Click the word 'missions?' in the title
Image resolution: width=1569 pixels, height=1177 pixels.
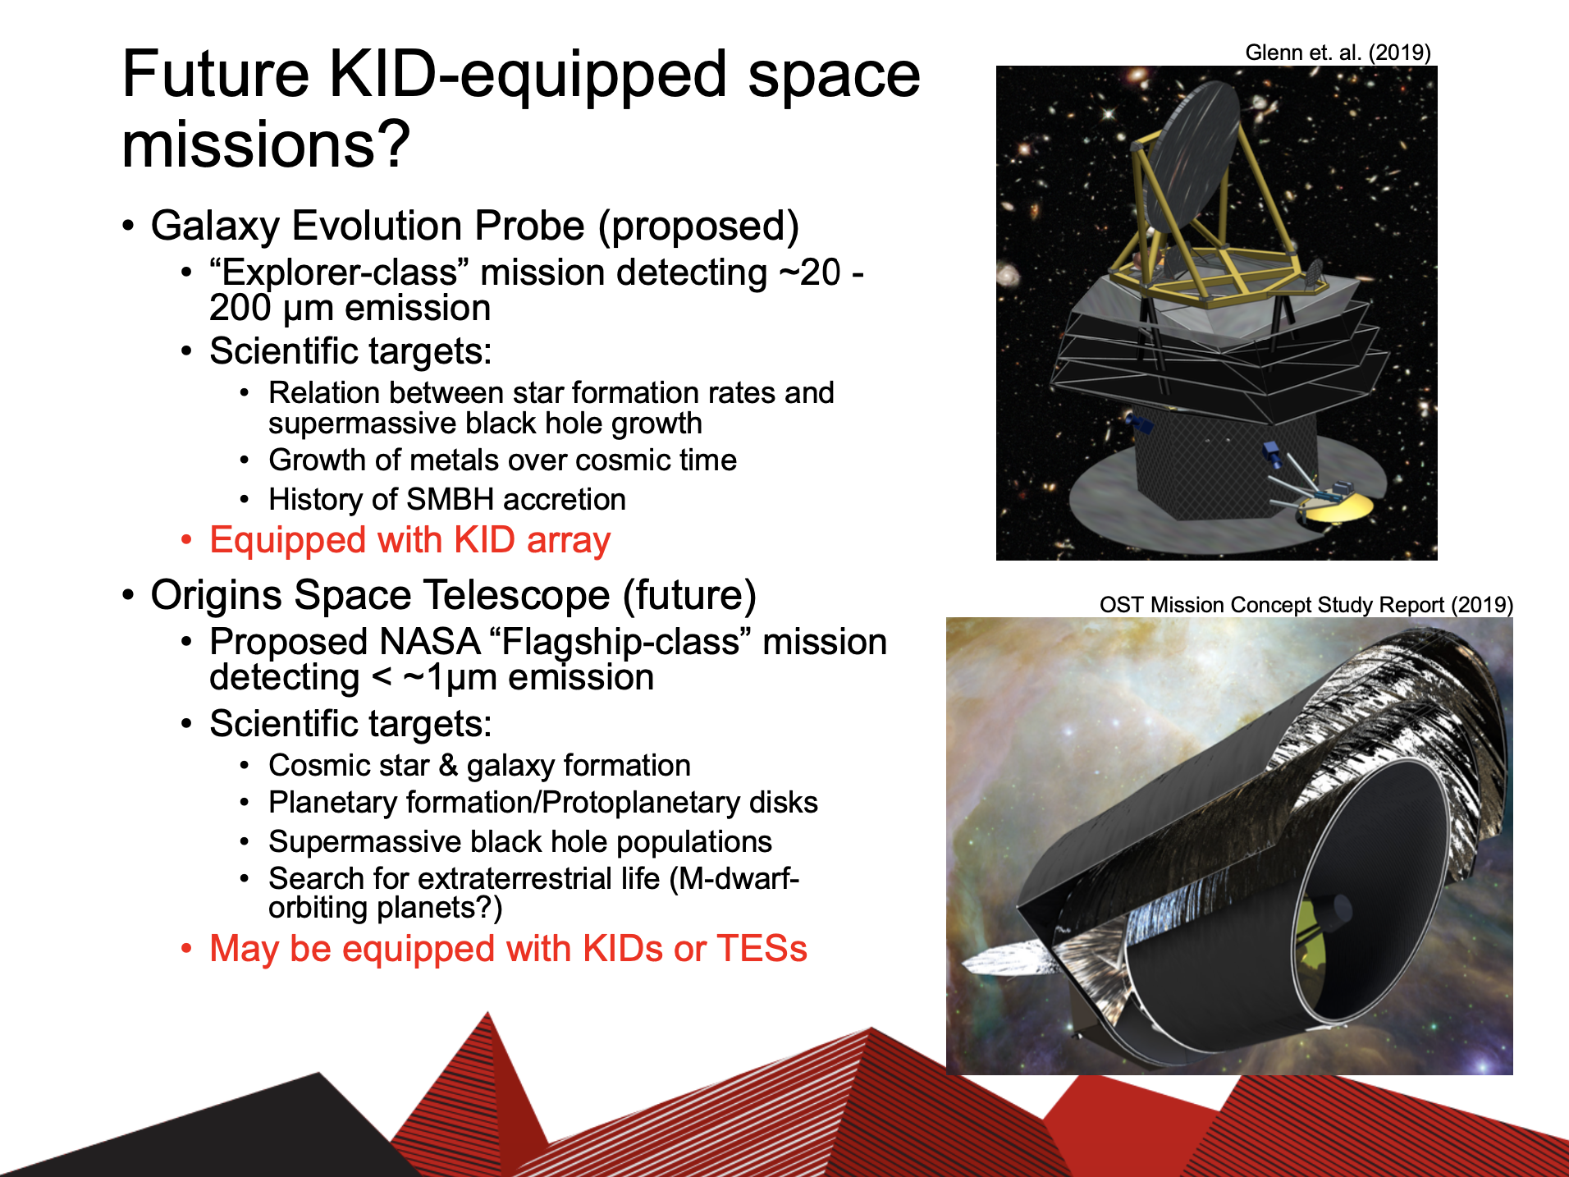[x=266, y=144]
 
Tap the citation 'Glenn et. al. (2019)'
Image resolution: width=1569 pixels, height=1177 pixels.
[x=1338, y=53]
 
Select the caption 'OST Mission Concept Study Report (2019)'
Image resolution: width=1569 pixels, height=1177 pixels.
[x=1306, y=605]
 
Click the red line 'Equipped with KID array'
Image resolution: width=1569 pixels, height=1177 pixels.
[x=409, y=541]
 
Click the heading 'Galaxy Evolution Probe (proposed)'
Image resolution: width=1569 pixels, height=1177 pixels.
[x=474, y=226]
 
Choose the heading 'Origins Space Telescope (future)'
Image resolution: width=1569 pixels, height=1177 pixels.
[x=453, y=595]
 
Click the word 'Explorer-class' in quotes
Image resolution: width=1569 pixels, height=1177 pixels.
[x=341, y=272]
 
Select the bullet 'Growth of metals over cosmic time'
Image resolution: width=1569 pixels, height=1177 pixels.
[x=502, y=460]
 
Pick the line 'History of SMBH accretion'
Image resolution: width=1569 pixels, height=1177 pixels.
[x=447, y=500]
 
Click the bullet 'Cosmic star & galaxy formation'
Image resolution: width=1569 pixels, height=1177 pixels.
[x=479, y=766]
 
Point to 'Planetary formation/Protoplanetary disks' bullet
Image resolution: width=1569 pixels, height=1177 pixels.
[x=543, y=803]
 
